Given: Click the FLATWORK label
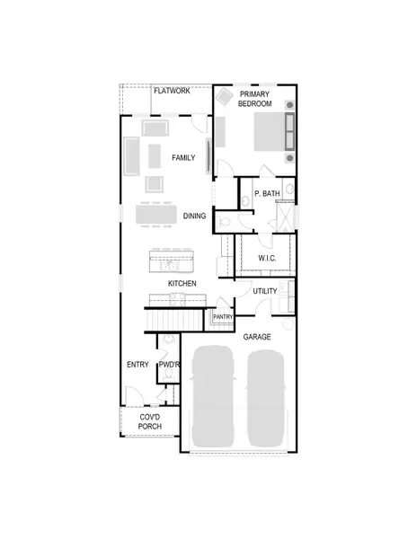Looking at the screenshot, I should tap(171, 92).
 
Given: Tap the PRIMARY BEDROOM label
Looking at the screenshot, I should tap(254, 99).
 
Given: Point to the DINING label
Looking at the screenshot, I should tap(194, 216).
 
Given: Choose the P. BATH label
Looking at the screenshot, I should tap(268, 193).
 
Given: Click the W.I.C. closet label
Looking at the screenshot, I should tap(267, 259).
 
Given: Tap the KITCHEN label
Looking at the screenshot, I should tap(182, 284).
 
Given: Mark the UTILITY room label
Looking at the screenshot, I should tap(264, 291).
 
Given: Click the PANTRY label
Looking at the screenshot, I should tap(223, 316).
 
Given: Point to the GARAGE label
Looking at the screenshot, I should tap(257, 336).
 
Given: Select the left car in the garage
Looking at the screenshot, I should tap(214, 395).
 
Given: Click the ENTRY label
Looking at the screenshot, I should tap(138, 364).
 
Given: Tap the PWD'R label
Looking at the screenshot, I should tap(169, 364).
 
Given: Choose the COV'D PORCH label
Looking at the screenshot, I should tap(150, 422).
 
